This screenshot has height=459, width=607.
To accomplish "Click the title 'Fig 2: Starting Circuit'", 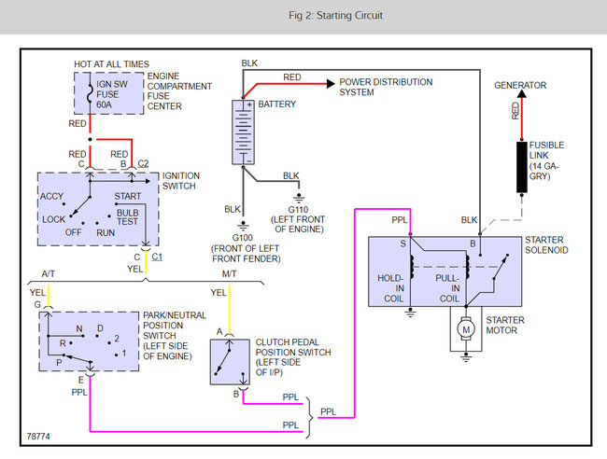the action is pyautogui.click(x=335, y=16).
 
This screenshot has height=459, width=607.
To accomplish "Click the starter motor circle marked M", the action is pyautogui.click(x=466, y=329).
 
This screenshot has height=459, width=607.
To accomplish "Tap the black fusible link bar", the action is pyautogui.click(x=522, y=167).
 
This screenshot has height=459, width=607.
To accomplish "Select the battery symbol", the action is pyautogui.click(x=243, y=132).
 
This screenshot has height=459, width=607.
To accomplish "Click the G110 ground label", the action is pyautogui.click(x=298, y=210).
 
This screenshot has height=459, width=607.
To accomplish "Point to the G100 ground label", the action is pyautogui.click(x=243, y=238).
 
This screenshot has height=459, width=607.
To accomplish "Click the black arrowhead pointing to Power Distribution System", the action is pyautogui.click(x=331, y=84).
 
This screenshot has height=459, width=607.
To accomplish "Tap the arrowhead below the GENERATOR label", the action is pyautogui.click(x=522, y=93).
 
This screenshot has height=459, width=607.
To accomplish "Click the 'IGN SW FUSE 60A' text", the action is pyautogui.click(x=112, y=94).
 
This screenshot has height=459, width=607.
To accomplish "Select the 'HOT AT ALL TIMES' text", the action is pyautogui.click(x=111, y=64).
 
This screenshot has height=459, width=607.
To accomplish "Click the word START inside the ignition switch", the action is pyautogui.click(x=128, y=196).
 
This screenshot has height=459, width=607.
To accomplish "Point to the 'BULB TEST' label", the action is pyautogui.click(x=127, y=217).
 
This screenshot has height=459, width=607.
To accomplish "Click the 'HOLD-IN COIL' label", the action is pyautogui.click(x=391, y=288).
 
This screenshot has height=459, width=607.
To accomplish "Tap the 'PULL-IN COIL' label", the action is pyautogui.click(x=447, y=288).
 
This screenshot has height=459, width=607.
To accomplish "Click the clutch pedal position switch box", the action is pyautogui.click(x=230, y=362).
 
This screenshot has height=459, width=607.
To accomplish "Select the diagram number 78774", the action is pyautogui.click(x=38, y=437).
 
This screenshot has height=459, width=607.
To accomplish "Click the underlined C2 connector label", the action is pyautogui.click(x=143, y=163).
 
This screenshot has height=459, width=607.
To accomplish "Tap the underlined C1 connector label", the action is pyautogui.click(x=157, y=257).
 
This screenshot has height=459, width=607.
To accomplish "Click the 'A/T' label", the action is pyautogui.click(x=48, y=273).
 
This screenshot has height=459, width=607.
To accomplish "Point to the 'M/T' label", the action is pyautogui.click(x=229, y=273).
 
